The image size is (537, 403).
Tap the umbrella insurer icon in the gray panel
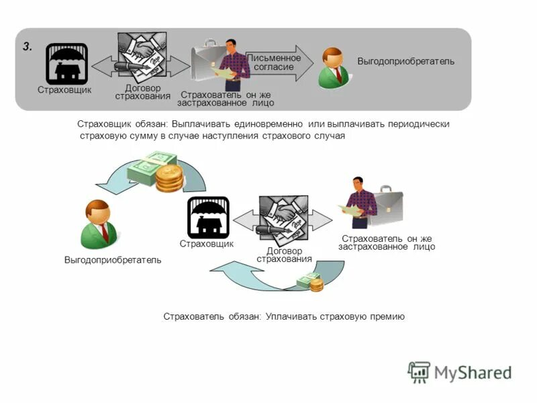[x=66, y=64]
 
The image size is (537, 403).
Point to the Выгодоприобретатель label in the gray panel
[x=405, y=62]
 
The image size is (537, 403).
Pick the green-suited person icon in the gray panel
[x=333, y=68]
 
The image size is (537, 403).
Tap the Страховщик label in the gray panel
[x=64, y=90]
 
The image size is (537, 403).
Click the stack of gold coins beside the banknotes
[x=169, y=179]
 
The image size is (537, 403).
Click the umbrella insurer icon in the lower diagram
[x=208, y=217]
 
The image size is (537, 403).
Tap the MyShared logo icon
[x=420, y=372]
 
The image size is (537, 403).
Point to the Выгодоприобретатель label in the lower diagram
[x=113, y=260]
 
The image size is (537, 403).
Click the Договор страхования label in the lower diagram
[x=284, y=255]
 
